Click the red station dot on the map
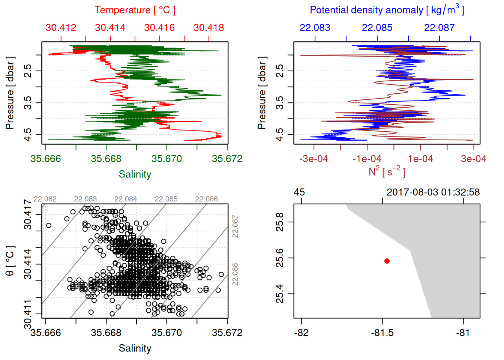click(387, 261)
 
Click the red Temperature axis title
click(135, 10)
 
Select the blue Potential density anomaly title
click(387, 10)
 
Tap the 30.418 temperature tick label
click(208, 28)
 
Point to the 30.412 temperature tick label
click(61, 28)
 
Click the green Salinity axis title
click(135, 174)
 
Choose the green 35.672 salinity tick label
click(227, 159)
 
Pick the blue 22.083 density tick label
click(315, 28)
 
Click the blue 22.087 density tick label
click(439, 28)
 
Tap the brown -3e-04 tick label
click(313, 159)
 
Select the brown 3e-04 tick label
click(473, 159)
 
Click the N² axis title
click(387, 171)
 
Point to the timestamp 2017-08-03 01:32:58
click(433, 192)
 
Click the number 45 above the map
click(299, 192)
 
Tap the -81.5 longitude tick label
click(382, 333)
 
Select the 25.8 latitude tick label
click(280, 222)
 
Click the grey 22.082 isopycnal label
click(45, 199)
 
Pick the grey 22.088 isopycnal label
click(235, 274)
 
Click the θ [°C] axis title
click(10, 261)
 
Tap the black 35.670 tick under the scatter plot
click(166, 333)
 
